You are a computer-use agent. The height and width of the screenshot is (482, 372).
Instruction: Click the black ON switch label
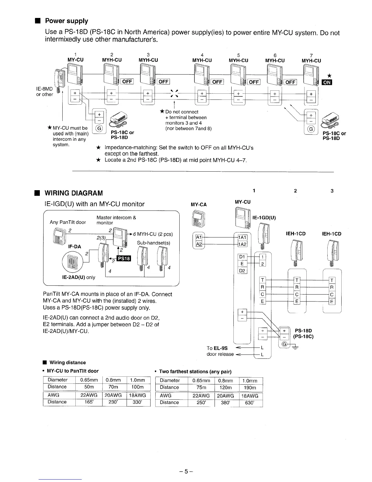tap(327, 82)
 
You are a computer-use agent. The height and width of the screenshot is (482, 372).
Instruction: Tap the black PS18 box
tap(124, 258)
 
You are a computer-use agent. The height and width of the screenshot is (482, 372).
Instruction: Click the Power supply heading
tap(66, 21)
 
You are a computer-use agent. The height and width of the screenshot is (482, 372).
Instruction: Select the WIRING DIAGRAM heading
tap(74, 193)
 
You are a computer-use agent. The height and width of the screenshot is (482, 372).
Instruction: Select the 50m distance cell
tap(88, 387)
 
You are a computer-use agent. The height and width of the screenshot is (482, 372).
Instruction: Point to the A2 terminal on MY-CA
tap(198, 244)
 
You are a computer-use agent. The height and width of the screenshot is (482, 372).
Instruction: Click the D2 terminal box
tap(242, 271)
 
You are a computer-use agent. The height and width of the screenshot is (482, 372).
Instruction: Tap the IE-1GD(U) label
tap(264, 218)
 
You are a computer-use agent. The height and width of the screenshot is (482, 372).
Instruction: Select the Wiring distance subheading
tap(67, 362)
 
